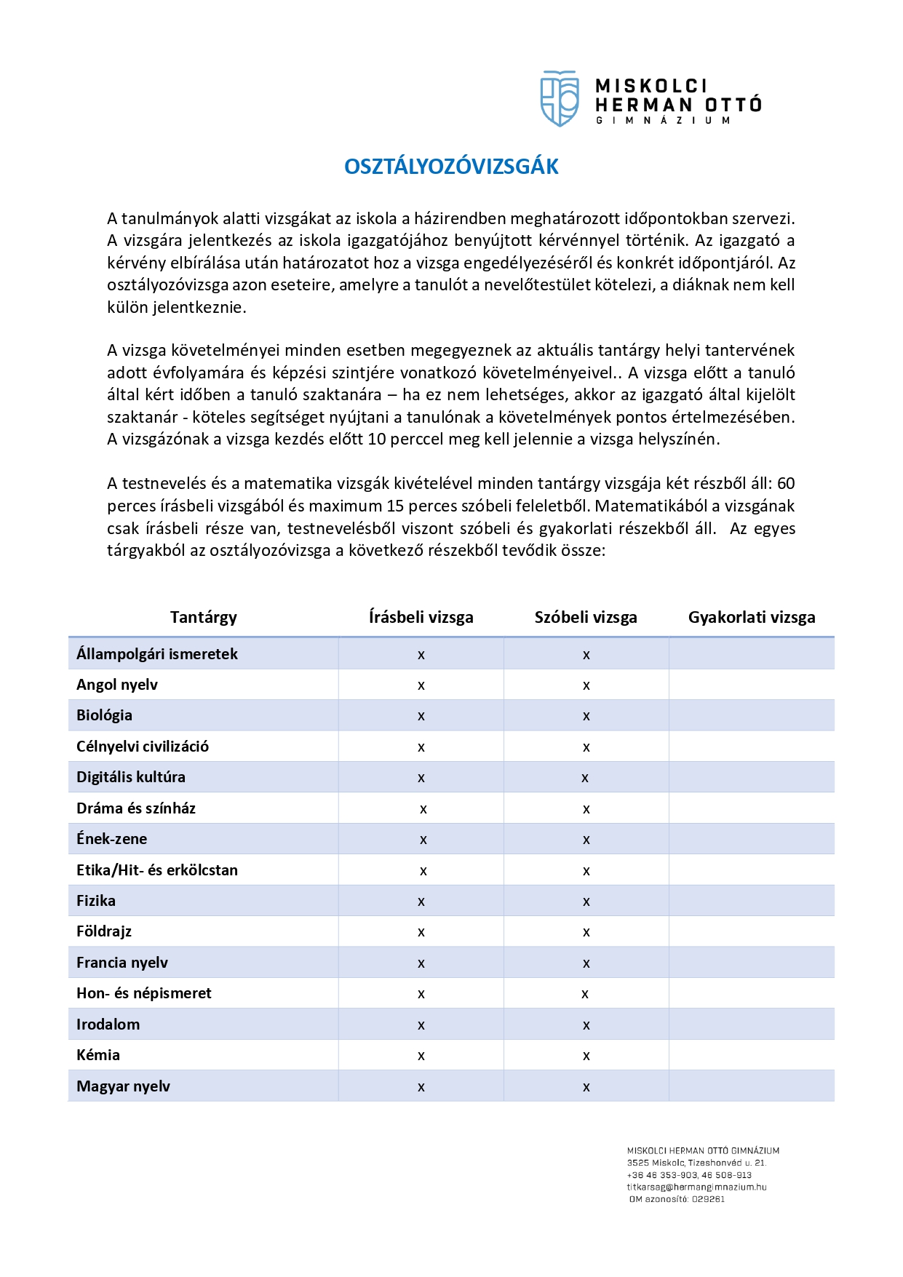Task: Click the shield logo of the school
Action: (x=559, y=98)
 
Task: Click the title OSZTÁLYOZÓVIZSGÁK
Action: (x=451, y=167)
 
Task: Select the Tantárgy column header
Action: (x=204, y=618)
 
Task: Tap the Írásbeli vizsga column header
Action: (x=421, y=618)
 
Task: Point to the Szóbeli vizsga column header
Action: (x=586, y=618)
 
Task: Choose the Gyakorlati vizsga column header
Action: (x=752, y=618)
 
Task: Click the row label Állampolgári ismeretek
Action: (x=157, y=654)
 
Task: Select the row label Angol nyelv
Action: (x=117, y=685)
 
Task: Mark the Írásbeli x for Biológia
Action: (x=421, y=717)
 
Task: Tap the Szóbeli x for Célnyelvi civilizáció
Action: (x=586, y=748)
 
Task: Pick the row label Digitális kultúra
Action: (x=131, y=777)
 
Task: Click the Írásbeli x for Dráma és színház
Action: (x=423, y=810)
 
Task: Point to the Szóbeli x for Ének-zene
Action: (x=586, y=840)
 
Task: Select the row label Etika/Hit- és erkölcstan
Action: (x=157, y=870)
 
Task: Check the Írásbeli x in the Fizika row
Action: (x=421, y=902)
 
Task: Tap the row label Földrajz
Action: (x=104, y=931)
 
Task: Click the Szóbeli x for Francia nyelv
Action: (x=586, y=964)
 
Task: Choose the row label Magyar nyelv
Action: (x=123, y=1086)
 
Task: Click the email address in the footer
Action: (x=696, y=1187)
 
